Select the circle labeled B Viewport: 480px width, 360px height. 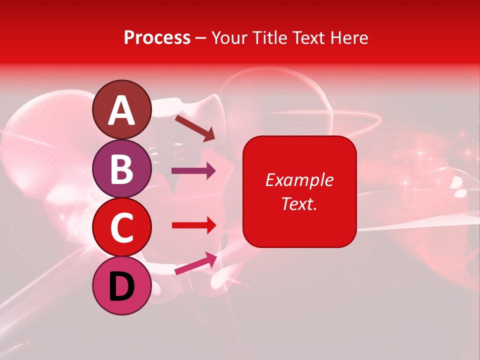tap(121, 169)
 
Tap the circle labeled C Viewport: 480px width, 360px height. tap(121, 227)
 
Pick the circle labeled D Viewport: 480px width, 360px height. tap(121, 285)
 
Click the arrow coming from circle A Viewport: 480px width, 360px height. tap(194, 128)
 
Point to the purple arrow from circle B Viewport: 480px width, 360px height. tap(193, 171)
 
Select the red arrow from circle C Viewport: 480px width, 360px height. tap(193, 225)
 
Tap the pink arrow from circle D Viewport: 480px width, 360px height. tap(195, 263)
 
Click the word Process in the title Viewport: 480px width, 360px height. tap(157, 37)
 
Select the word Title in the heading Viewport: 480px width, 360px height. tap(268, 37)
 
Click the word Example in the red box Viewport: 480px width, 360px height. tap(299, 180)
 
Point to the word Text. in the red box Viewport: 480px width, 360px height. tap(299, 203)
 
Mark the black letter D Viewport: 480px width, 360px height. tap(121, 287)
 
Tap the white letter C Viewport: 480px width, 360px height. tap(121, 228)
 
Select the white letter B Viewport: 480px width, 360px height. tap(121, 169)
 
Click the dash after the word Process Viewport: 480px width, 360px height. tap(201, 38)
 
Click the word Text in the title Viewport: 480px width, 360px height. tap(309, 37)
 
